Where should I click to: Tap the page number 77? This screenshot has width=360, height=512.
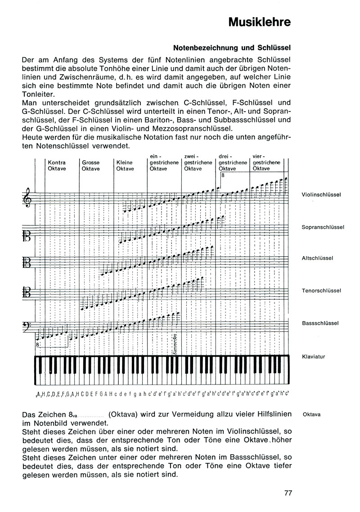click(x=288, y=492)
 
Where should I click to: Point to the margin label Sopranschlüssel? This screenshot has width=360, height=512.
click(x=323, y=227)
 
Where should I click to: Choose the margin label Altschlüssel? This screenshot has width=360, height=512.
click(x=318, y=258)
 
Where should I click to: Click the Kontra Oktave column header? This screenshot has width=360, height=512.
click(x=57, y=165)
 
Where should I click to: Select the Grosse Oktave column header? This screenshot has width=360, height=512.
click(x=91, y=165)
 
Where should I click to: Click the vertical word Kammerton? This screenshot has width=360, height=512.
click(x=174, y=345)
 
